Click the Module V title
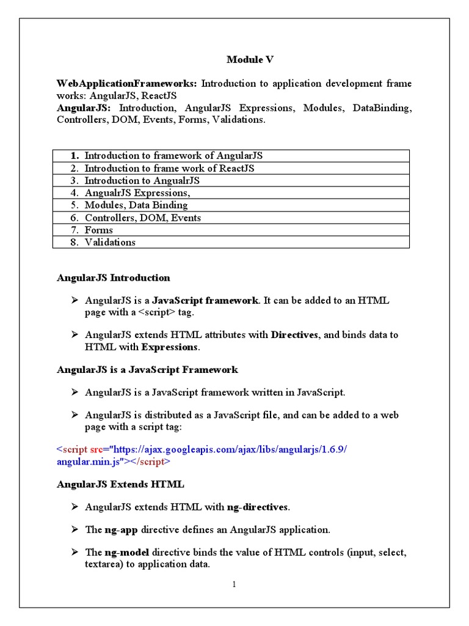tap(250, 59)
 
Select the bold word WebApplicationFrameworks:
tap(128, 83)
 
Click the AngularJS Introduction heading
tap(114, 278)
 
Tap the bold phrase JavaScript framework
tap(205, 301)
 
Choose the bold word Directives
tap(294, 335)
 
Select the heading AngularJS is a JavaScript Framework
tap(147, 370)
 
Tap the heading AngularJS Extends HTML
tap(120, 484)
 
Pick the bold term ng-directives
tap(256, 507)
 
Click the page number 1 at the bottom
tap(233, 585)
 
